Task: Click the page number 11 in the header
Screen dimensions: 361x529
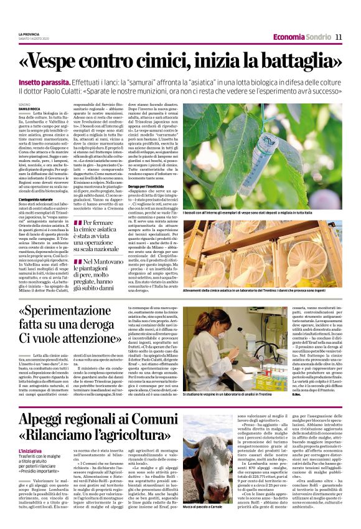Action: (339, 37)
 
